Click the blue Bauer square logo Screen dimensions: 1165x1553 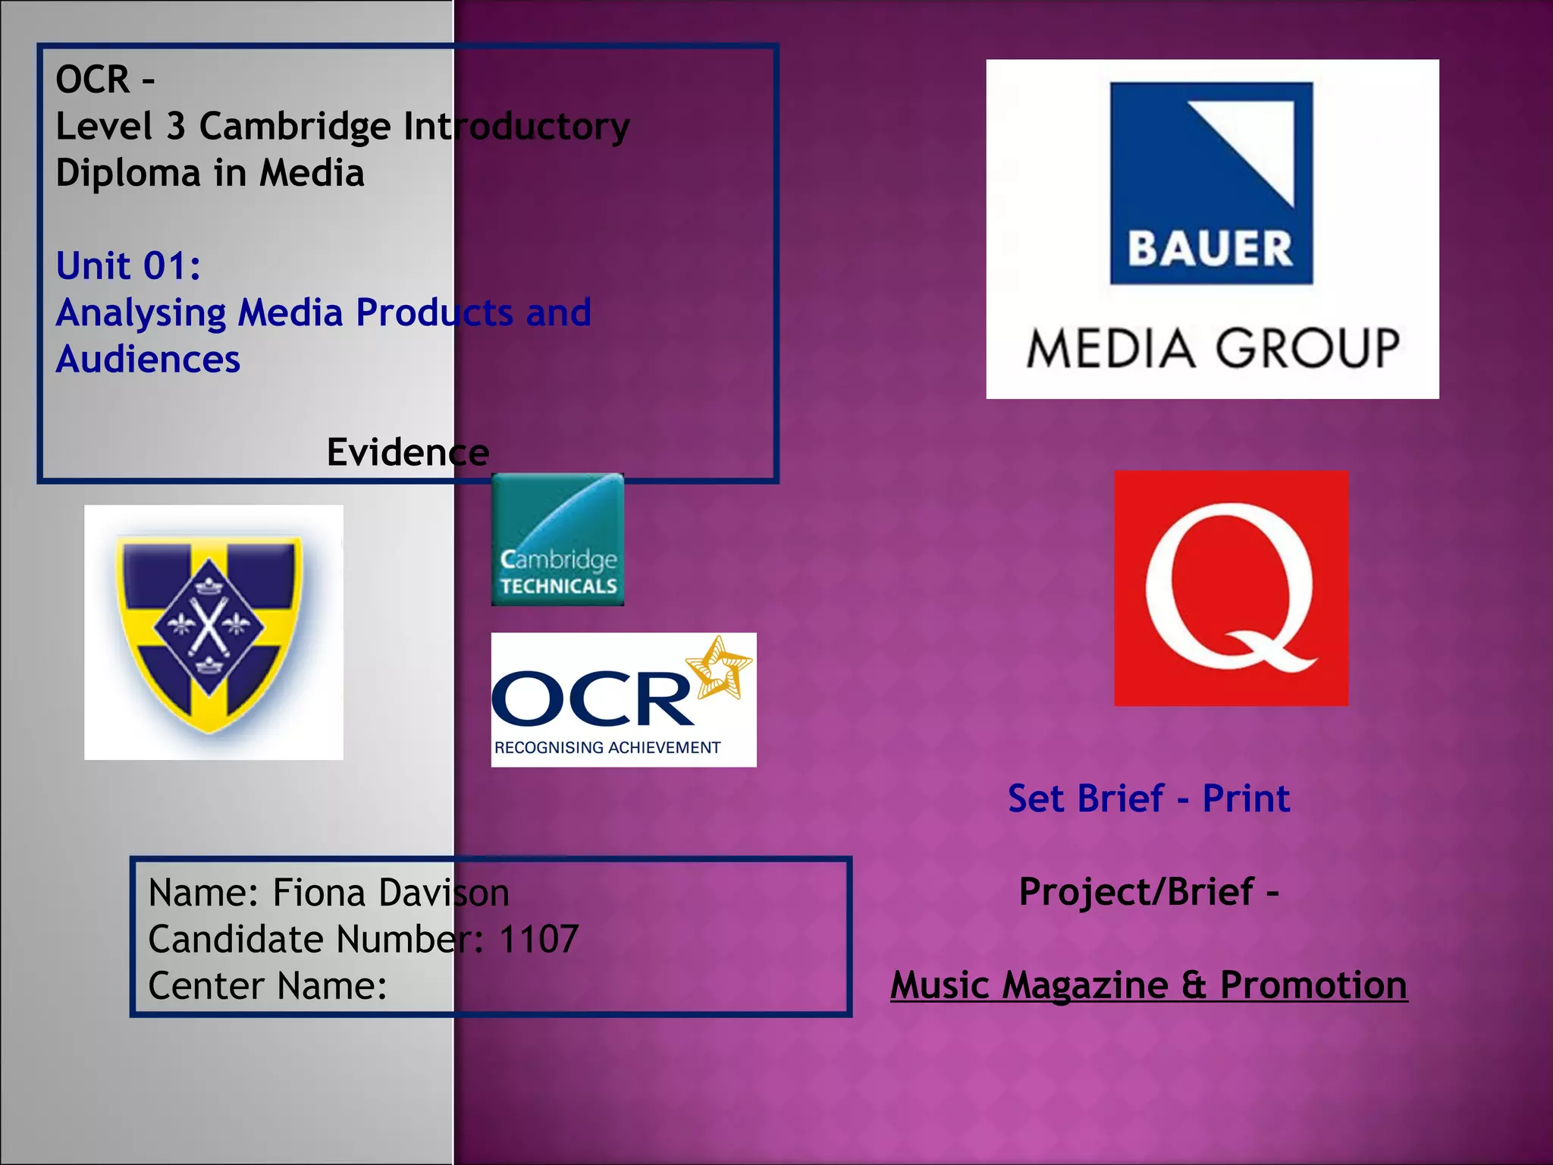(x=1211, y=184)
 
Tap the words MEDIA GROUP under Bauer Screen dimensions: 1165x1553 (x=1213, y=349)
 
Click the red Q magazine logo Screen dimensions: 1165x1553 (x=1231, y=588)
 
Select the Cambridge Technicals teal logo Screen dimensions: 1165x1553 (x=557, y=539)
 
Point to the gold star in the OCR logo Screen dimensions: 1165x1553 (x=719, y=667)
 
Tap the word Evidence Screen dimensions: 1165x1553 (x=407, y=453)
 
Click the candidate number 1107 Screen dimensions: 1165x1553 (x=538, y=939)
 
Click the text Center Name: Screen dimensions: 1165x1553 (x=268, y=986)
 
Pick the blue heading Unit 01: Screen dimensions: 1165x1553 (x=128, y=266)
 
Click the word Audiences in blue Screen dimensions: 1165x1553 (x=148, y=360)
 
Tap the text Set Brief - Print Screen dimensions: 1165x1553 (x=1148, y=799)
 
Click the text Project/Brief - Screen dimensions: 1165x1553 (x=1148, y=892)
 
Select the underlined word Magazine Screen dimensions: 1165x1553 (x=1084, y=985)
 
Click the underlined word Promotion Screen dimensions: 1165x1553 (x=1313, y=985)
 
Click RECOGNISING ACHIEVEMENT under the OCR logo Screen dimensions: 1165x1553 (x=607, y=748)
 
